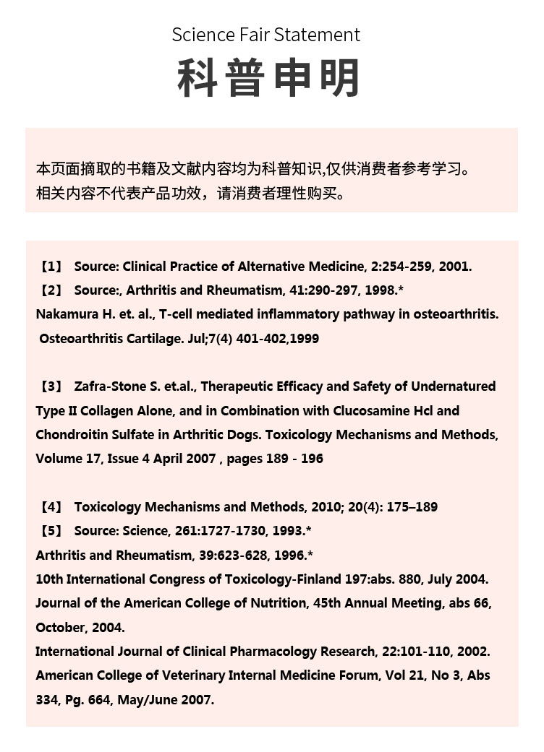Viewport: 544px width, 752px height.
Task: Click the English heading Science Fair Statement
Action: coord(265,35)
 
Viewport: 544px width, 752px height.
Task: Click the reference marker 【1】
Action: coord(51,266)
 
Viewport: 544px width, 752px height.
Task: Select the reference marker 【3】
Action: coord(51,386)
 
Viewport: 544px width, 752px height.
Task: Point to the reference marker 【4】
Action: coord(51,507)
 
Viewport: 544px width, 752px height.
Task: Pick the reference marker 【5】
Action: coord(51,531)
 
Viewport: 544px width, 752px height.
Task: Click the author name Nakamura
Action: coord(65,314)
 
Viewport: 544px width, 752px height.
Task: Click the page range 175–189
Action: coord(412,507)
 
